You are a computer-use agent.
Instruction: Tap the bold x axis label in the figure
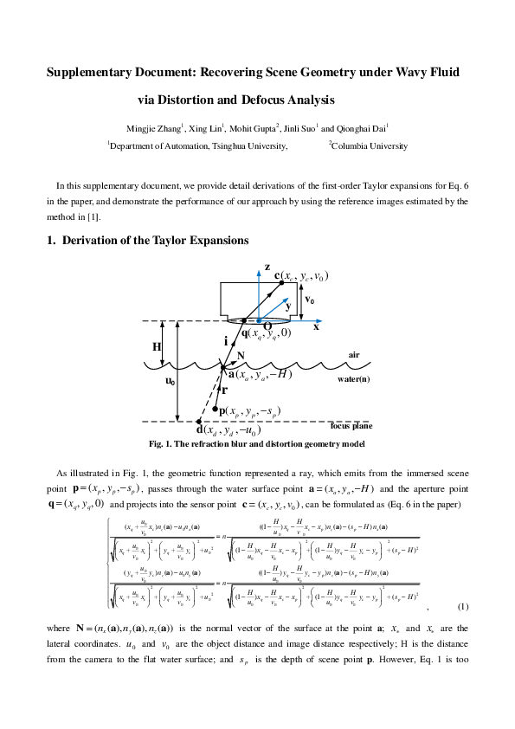316,328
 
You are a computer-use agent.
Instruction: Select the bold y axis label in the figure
288,306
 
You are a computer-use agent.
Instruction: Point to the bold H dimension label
157,346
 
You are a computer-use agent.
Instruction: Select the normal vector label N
241,356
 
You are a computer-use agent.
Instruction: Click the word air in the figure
353,355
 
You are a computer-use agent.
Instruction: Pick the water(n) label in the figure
355,379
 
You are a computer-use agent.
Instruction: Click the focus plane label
351,426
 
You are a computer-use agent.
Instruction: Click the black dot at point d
199,423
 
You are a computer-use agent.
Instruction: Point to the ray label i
225,342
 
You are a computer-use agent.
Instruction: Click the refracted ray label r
224,390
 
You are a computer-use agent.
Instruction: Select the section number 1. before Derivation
51,240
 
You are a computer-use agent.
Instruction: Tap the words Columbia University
370,146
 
